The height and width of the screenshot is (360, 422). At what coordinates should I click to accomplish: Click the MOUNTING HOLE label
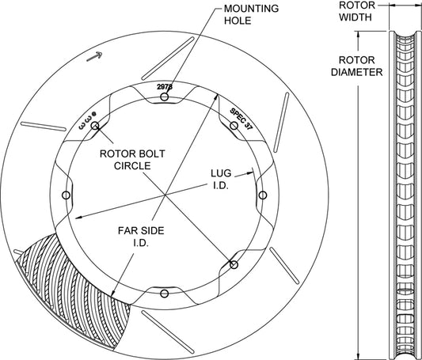[x=251, y=14]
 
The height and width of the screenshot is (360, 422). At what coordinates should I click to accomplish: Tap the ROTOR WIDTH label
[x=356, y=11]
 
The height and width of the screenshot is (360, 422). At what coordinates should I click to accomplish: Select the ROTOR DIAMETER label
[x=356, y=66]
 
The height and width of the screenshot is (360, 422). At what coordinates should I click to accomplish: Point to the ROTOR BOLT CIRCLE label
[x=132, y=160]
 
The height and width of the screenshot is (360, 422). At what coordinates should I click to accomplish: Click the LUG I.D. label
[x=221, y=179]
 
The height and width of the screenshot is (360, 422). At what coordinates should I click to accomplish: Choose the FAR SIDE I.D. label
[x=141, y=237]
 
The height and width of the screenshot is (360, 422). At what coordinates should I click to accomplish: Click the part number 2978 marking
[x=165, y=87]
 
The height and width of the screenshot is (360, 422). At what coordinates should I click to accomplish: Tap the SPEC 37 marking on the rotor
[x=241, y=119]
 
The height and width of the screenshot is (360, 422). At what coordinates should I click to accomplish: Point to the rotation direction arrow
[x=94, y=56]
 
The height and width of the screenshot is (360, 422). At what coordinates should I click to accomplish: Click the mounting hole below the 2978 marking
[x=165, y=97]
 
